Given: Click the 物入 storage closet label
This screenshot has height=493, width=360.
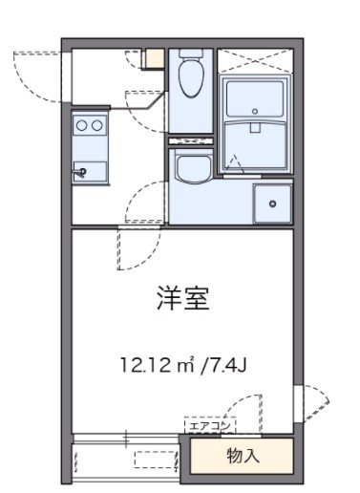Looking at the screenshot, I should click(243, 455).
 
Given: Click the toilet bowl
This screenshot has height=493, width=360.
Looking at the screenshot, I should click(190, 81).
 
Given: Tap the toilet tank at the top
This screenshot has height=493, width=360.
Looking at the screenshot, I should click(190, 56).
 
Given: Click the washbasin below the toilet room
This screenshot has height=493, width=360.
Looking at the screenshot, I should click(195, 169).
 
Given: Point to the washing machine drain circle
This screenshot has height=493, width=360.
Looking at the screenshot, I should click(273, 203).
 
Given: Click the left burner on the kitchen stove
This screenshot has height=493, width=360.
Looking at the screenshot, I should click(83, 124).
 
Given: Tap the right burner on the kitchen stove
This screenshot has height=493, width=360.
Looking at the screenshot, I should click(97, 124).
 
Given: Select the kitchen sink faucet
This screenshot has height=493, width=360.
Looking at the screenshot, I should click(82, 172).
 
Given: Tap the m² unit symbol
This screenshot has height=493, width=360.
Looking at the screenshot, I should click(188, 364).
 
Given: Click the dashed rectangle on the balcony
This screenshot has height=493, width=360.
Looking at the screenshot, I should click(157, 460).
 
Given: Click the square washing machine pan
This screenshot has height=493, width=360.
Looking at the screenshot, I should click(273, 203).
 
